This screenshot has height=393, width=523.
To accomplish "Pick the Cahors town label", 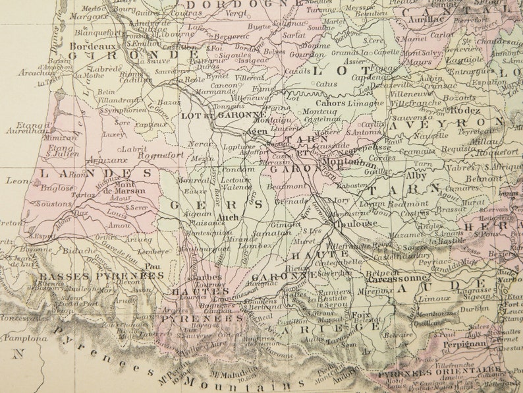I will (x=331, y=103).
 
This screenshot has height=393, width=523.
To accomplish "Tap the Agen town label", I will (x=256, y=131).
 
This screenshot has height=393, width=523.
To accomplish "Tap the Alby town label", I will (x=416, y=176).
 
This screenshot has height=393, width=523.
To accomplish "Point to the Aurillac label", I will (x=426, y=19).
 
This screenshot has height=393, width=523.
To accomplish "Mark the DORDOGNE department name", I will (x=221, y=5).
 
